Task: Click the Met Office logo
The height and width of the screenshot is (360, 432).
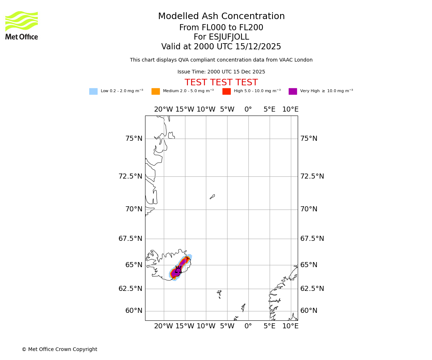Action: (22, 25)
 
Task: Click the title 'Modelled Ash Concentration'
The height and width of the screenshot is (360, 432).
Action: (221, 17)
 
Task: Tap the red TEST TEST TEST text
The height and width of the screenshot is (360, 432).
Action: (221, 82)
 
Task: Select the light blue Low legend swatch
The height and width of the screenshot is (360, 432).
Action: (93, 91)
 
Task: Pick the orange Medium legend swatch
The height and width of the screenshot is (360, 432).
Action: (156, 91)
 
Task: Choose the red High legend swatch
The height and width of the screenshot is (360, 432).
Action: (226, 91)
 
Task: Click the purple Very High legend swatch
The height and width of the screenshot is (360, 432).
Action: (293, 91)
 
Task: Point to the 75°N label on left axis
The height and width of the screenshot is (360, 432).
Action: (134, 139)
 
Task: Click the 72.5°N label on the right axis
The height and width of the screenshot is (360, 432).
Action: (312, 176)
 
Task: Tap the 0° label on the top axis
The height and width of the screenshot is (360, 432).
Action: (248, 109)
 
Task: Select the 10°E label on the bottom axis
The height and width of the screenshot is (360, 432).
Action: (290, 326)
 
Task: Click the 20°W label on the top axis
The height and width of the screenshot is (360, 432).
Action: (163, 109)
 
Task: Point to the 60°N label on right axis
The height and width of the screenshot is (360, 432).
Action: (309, 311)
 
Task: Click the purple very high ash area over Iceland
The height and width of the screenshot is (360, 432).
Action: (177, 272)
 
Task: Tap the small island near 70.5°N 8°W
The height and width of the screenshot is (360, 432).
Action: (212, 197)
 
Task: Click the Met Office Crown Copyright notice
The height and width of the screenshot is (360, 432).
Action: (59, 349)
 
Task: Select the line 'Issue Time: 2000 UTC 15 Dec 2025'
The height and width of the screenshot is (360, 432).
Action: (221, 72)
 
